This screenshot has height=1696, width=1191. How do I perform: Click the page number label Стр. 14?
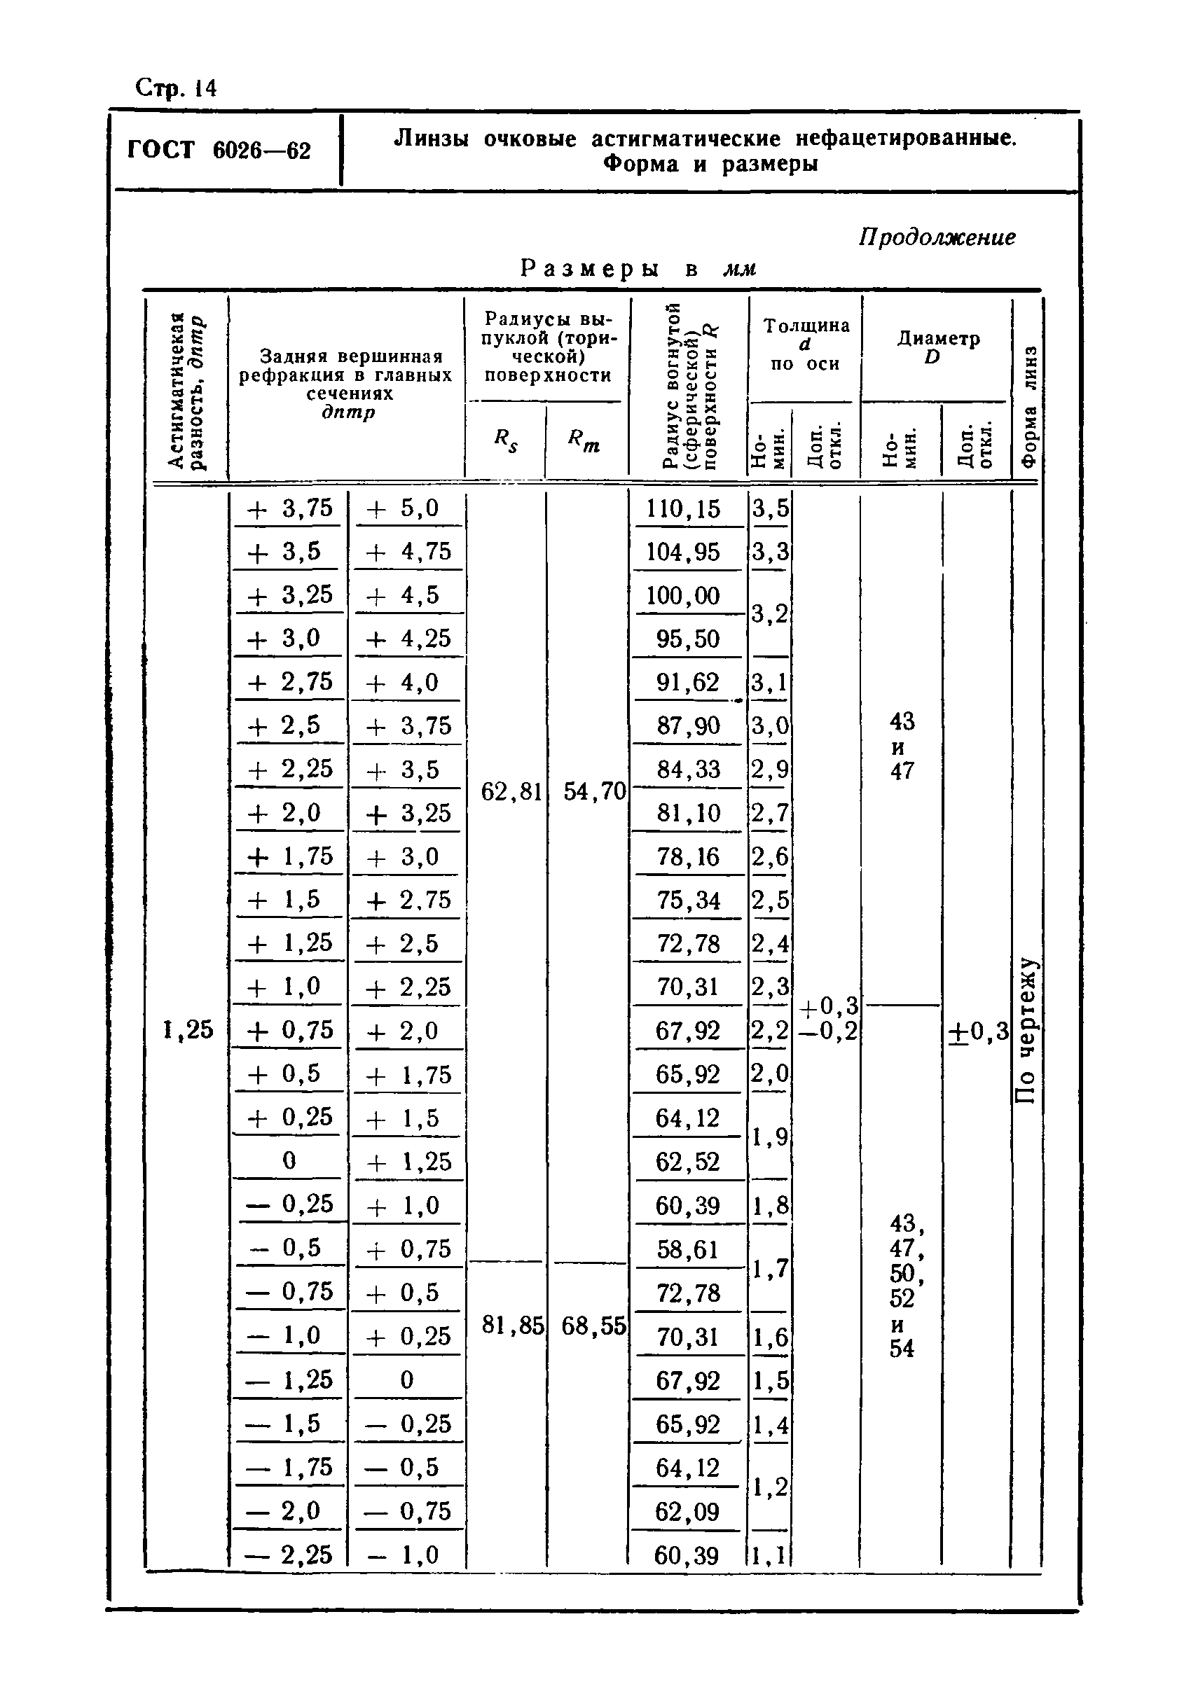pos(176,89)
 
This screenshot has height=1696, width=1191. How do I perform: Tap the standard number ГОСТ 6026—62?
pos(219,151)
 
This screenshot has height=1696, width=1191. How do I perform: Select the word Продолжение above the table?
pos(937,237)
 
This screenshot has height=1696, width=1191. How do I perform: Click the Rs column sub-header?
pos(506,441)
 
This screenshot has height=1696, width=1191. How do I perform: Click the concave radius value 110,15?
pos(682,509)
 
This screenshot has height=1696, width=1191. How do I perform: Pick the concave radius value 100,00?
pos(682,595)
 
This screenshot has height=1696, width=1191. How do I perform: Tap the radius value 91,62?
pos(687,683)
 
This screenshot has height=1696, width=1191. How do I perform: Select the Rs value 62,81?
pos(511,792)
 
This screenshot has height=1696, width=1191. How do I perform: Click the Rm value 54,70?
pos(595,792)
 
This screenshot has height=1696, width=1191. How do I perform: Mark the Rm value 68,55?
pos(594,1326)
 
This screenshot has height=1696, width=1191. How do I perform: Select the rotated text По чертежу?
pos(1027,1031)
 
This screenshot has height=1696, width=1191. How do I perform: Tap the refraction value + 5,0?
pos(404,508)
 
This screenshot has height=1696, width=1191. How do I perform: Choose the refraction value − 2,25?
pos(288,1555)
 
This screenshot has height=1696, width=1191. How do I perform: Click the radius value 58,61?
pos(687,1249)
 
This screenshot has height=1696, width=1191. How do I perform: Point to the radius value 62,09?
pos(687,1511)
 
